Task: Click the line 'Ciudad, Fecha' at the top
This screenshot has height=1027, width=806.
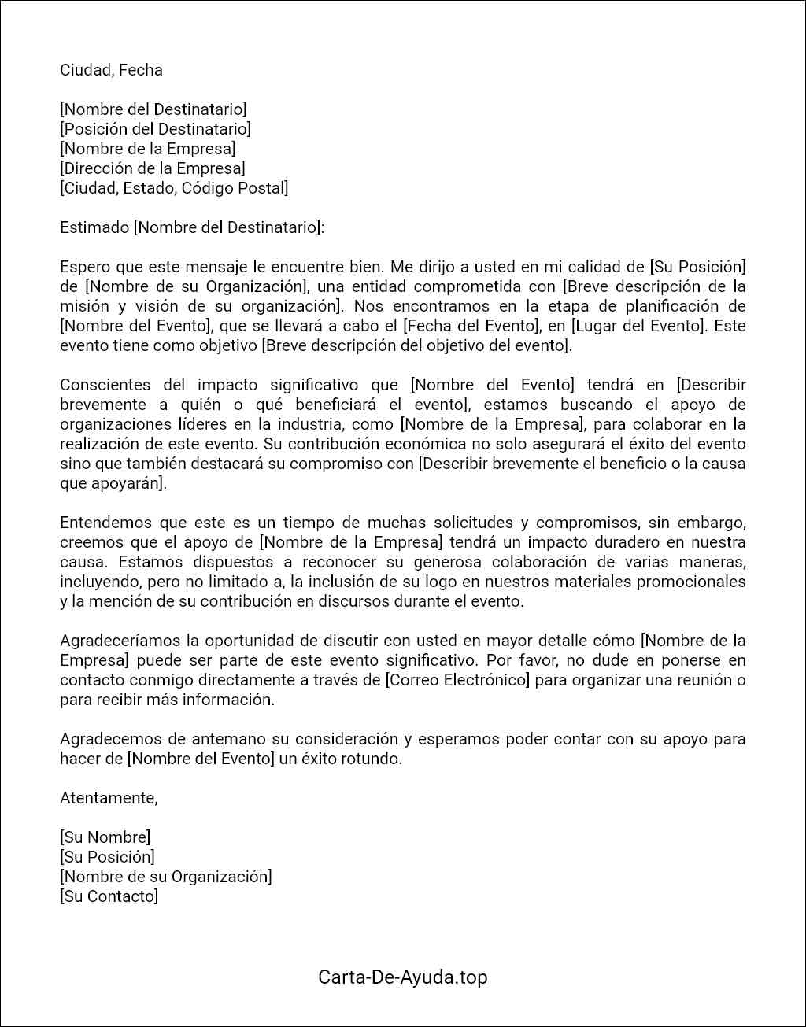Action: [x=111, y=70]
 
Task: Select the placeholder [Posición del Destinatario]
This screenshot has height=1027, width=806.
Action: [x=155, y=129]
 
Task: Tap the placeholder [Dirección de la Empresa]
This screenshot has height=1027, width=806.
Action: [x=153, y=168]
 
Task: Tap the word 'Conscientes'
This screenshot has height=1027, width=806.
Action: [x=105, y=385]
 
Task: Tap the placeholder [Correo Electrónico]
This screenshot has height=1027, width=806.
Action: [x=457, y=680]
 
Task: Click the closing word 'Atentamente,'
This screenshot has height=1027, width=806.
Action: [x=109, y=798]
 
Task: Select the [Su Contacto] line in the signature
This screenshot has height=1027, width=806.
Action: [x=109, y=896]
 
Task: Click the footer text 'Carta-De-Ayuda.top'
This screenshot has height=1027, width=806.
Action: [x=402, y=977]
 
